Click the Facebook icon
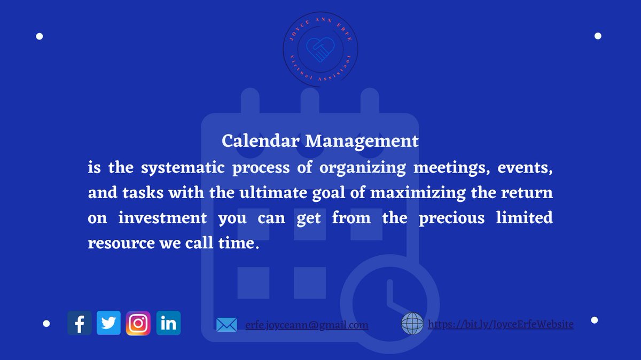80,324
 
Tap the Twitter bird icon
109,324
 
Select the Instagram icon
138,324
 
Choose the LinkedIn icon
168,324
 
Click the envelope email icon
226,324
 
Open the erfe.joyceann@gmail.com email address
307,325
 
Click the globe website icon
412,324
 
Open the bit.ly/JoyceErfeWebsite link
501,324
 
